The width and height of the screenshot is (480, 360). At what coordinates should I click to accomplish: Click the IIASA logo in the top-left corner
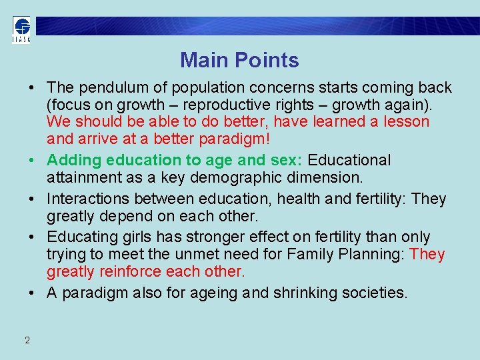point(21,29)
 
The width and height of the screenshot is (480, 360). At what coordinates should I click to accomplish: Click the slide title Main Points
point(239,60)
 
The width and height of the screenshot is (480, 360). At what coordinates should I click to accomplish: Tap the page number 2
point(27,340)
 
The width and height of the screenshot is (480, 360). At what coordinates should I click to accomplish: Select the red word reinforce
point(133,271)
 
